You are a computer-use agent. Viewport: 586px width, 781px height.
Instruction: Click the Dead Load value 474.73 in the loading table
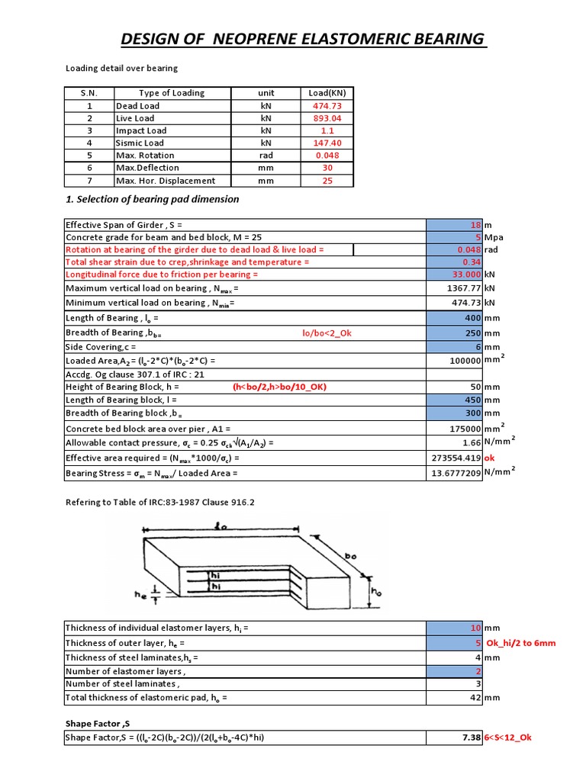(x=327, y=106)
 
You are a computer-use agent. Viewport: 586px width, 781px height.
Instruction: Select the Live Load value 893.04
(x=327, y=118)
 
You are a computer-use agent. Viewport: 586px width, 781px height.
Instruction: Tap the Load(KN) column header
(x=327, y=93)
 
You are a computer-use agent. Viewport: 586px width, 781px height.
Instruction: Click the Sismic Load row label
(x=140, y=143)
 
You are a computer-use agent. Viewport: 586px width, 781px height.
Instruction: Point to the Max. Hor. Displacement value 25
(x=327, y=181)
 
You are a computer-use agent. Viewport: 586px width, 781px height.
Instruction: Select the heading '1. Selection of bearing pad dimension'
(x=152, y=200)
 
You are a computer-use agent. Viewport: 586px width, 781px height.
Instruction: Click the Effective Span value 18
(x=475, y=225)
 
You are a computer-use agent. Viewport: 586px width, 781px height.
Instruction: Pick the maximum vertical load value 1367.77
(x=462, y=288)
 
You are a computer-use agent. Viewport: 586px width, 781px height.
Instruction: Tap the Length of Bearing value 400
(x=472, y=318)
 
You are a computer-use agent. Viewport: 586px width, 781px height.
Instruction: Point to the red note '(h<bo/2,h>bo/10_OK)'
(x=280, y=387)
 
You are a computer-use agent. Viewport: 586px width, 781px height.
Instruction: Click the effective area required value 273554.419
(x=456, y=458)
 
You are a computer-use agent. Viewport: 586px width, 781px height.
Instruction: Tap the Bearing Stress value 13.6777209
(x=456, y=474)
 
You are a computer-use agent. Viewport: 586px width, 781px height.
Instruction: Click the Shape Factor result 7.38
(x=471, y=738)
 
